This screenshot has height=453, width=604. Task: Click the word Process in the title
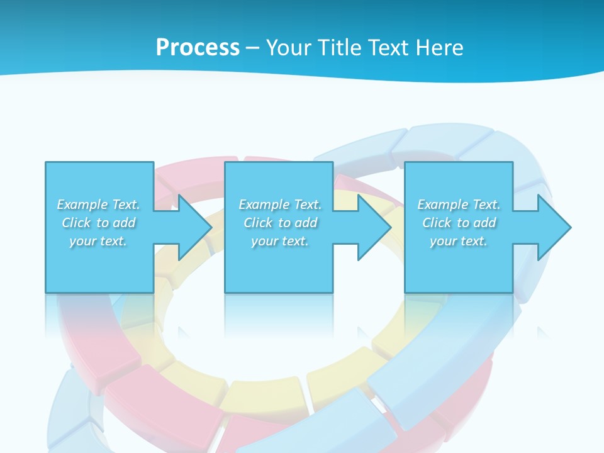pos(198,48)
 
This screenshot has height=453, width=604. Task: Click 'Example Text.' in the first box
pos(98,204)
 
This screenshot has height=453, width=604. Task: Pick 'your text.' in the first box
pos(98,241)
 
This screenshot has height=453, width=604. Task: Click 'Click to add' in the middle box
pos(280,223)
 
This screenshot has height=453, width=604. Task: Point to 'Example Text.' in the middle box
pos(280,204)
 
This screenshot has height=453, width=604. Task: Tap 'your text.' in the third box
pos(459,241)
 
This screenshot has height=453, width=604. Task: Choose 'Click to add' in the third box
pos(459,223)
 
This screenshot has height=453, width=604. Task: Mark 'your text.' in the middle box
pos(280,241)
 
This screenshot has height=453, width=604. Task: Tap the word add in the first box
pos(124,223)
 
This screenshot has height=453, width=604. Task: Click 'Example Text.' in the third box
pos(459,204)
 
